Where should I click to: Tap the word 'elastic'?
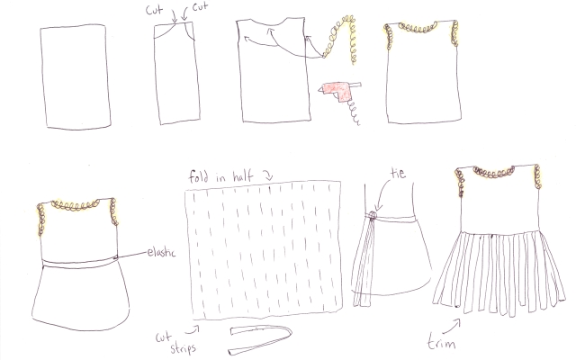point(161,252)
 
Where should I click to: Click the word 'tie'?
point(398,173)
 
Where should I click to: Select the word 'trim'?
point(441,342)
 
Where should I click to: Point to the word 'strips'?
point(183,347)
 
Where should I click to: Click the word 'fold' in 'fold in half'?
point(199,176)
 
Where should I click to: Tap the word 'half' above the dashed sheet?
point(242,176)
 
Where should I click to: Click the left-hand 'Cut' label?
point(154,10)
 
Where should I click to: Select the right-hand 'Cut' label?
point(200,6)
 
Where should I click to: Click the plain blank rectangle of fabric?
point(76,76)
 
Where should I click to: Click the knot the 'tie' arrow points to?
point(373,216)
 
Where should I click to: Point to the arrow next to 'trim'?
point(452,327)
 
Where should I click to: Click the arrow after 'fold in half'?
point(268,176)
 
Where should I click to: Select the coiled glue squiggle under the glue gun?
point(353,112)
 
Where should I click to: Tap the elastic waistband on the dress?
point(80,264)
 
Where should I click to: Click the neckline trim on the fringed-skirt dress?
point(493,172)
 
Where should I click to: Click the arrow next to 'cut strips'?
point(193,329)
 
